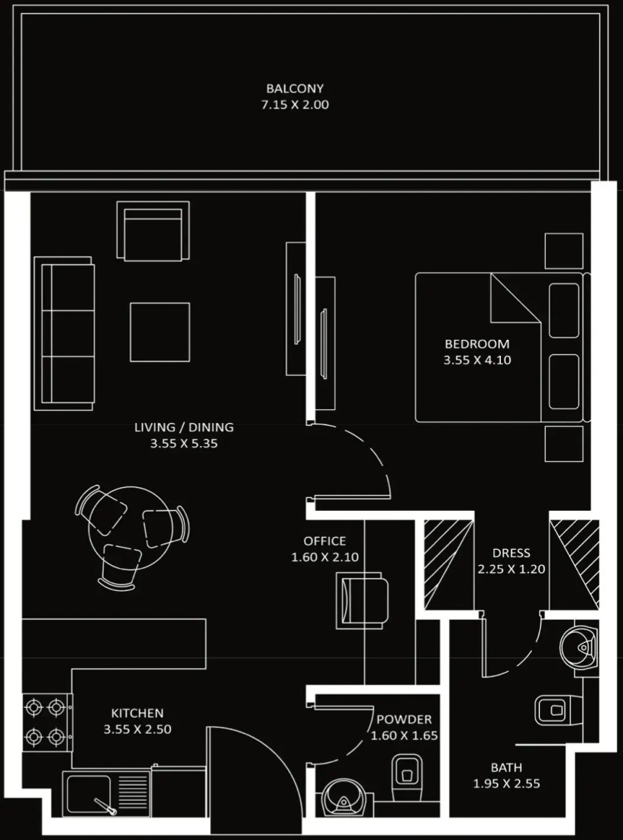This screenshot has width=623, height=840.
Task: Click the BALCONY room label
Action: [x=295, y=89]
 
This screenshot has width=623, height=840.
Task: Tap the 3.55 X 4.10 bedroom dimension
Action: [x=476, y=360]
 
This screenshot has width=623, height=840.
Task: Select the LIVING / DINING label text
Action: [x=184, y=427]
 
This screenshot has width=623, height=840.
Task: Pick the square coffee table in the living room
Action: [x=160, y=332]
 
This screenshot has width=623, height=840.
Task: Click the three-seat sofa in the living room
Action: [x=64, y=333]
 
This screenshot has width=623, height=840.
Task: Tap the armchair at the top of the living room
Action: [x=153, y=231]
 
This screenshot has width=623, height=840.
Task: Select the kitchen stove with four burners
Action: [x=47, y=722]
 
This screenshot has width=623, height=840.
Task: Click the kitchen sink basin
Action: [x=87, y=794]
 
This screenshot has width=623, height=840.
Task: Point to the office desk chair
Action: [x=362, y=600]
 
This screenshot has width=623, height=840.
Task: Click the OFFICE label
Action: [x=324, y=541]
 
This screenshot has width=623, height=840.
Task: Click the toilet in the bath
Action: [x=558, y=710]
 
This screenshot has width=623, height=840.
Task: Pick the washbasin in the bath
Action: [x=579, y=647]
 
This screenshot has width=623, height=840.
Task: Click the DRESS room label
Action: [x=511, y=553]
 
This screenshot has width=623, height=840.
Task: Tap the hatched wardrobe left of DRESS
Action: [x=449, y=564]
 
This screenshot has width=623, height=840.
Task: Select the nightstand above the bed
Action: [x=563, y=250]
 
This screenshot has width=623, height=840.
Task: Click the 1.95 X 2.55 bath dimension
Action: [x=507, y=783]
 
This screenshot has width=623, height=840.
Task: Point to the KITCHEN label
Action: [x=137, y=713]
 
